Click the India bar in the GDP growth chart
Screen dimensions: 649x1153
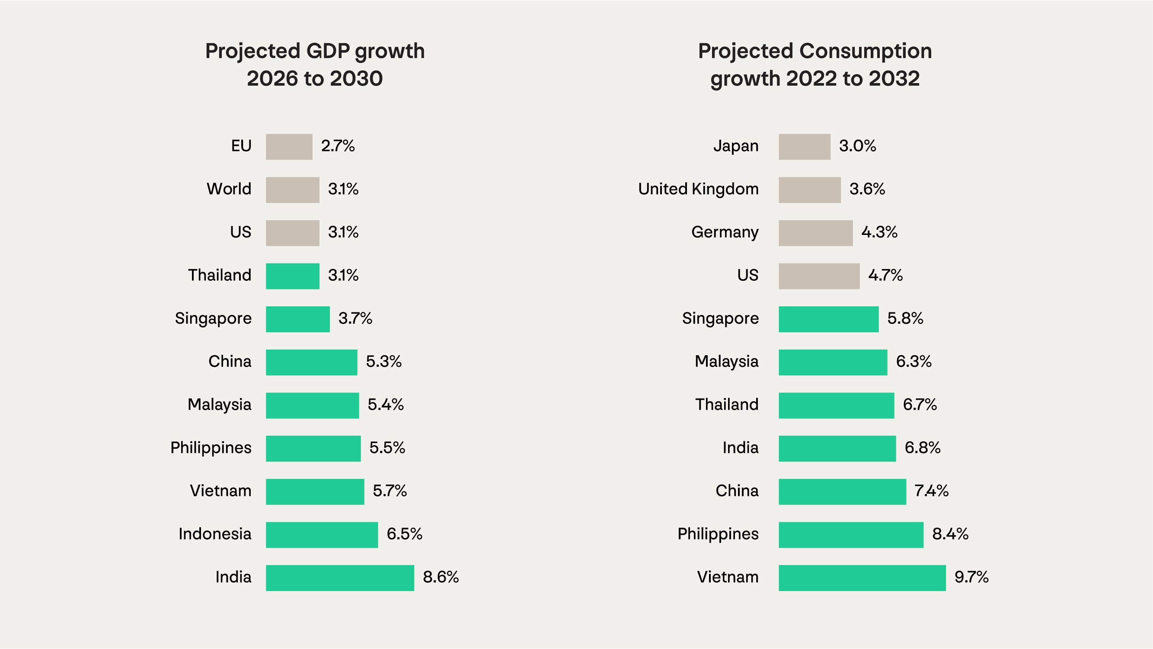pyautogui.click(x=340, y=578)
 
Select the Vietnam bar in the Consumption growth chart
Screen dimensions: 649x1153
pyautogui.click(x=862, y=578)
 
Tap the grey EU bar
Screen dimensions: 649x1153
pyautogui.click(x=289, y=147)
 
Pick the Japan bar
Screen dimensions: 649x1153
pyautogui.click(x=804, y=147)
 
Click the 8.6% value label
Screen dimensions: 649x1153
pyautogui.click(x=441, y=577)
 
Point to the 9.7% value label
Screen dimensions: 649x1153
pyautogui.click(x=971, y=577)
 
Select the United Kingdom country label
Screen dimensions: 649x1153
pyautogui.click(x=698, y=189)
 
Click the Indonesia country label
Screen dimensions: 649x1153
pyautogui.click(x=215, y=534)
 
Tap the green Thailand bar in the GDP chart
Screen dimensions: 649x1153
pyautogui.click(x=292, y=276)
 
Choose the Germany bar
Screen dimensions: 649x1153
pyautogui.click(x=815, y=233)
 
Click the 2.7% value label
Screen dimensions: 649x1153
pyautogui.click(x=338, y=146)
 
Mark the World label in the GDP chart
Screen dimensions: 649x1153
pyautogui.click(x=229, y=189)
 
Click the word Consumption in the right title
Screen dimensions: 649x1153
pyautogui.click(x=865, y=51)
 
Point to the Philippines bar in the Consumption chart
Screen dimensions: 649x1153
pyautogui.click(x=850, y=535)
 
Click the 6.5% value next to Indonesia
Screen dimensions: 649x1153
pyautogui.click(x=404, y=534)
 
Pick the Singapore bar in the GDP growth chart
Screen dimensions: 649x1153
pyautogui.click(x=297, y=319)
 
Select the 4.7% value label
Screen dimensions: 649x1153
pyautogui.click(x=885, y=276)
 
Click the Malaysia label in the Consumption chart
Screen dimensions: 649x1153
pyautogui.click(x=726, y=361)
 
